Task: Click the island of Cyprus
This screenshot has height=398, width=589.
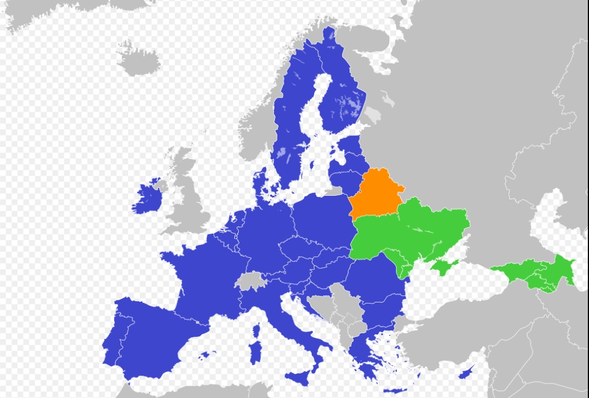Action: pos(465,372)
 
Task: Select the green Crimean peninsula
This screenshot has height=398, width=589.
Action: pos(443,267)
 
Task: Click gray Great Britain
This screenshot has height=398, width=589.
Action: pos(189,198)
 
